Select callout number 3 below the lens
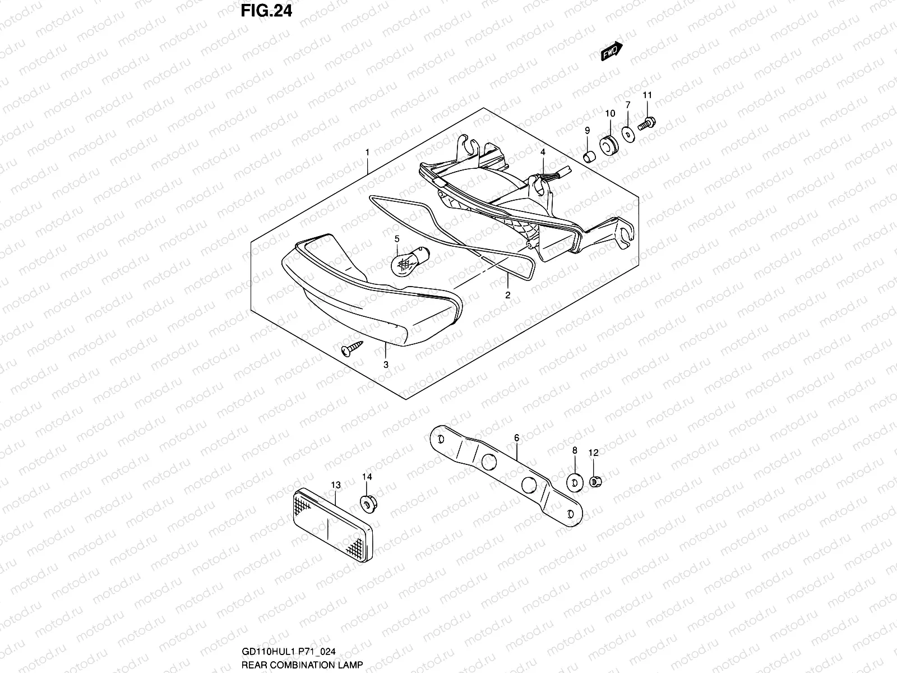[386, 365]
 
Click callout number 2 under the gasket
[507, 295]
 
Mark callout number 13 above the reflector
[335, 485]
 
